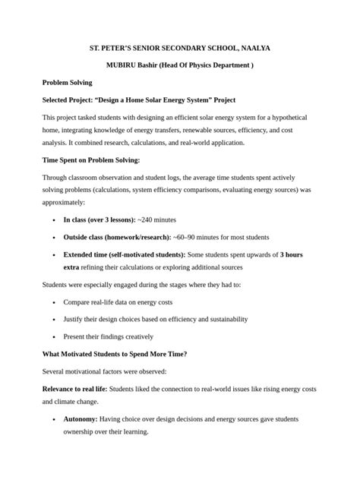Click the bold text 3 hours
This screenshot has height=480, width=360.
(x=291, y=254)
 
